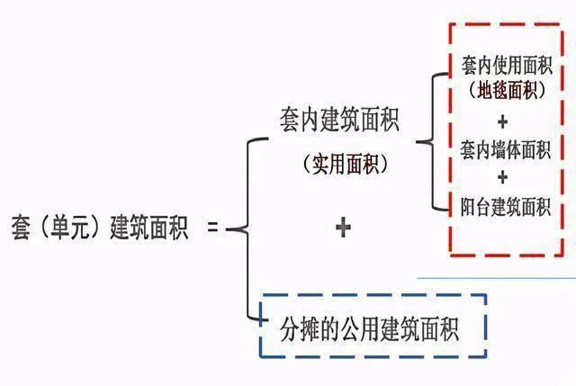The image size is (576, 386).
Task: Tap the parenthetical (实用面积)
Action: point(340,165)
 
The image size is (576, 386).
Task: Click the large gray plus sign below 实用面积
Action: point(342,228)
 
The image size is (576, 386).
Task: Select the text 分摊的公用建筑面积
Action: point(370,329)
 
